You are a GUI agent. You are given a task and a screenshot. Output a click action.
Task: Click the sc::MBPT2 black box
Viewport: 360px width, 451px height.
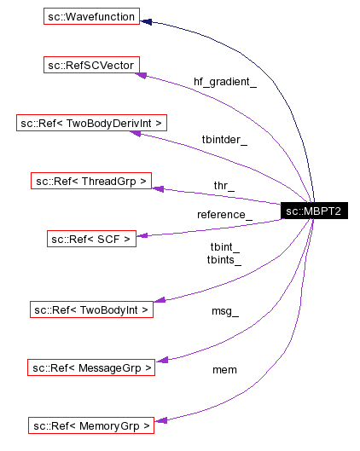tap(314, 211)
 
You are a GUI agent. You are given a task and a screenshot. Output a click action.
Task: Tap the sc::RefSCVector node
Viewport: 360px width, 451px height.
tap(92, 65)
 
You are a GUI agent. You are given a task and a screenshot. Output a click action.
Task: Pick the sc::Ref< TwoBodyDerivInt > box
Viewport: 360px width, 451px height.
tap(92, 123)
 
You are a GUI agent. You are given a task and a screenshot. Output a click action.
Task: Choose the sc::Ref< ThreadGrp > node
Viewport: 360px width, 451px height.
tap(91, 181)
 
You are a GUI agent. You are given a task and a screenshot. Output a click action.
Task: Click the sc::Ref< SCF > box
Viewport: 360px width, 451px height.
tap(91, 240)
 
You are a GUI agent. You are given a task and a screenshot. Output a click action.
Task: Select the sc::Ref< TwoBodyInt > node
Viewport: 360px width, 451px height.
tap(91, 309)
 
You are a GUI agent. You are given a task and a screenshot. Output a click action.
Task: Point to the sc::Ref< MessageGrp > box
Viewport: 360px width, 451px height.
tap(91, 367)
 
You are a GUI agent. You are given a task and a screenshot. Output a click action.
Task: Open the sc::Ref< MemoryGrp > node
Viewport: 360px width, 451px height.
tap(91, 425)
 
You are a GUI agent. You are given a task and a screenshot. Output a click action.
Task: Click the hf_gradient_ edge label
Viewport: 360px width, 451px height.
tap(224, 82)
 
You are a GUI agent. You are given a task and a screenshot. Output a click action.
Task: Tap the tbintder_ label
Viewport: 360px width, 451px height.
tap(224, 140)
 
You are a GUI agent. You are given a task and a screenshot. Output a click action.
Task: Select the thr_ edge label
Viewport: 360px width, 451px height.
tap(224, 185)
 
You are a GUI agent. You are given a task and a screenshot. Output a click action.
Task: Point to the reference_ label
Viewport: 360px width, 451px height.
tap(224, 214)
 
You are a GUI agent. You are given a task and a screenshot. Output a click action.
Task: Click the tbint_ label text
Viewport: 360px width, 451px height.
tap(224, 247)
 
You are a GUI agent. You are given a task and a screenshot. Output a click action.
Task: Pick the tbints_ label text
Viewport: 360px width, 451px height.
tap(224, 260)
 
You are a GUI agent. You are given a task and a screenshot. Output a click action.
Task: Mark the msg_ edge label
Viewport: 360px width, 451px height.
tap(224, 312)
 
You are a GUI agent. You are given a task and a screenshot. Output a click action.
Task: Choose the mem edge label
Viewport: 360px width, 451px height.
tap(224, 369)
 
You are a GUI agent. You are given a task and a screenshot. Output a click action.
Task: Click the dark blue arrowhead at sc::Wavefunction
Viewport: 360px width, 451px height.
tap(147, 21)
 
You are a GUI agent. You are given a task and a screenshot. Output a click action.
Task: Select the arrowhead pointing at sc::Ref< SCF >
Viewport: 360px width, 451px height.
tap(142, 234)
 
